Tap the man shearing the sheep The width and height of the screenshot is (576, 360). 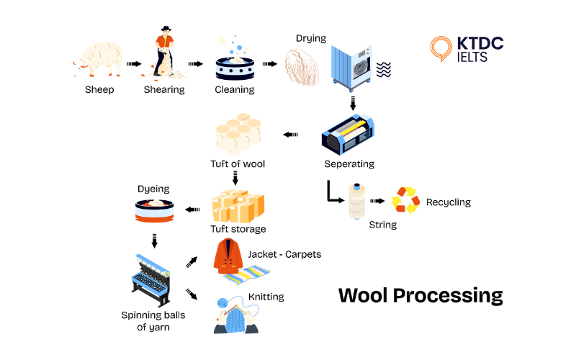[x=165, y=52]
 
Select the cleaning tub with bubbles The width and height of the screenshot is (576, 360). [x=235, y=67]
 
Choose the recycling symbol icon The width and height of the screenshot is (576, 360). [x=405, y=201]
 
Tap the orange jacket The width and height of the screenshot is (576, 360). [x=230, y=257]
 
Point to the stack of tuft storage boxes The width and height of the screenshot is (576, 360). [x=238, y=206]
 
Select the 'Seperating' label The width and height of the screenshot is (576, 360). [x=349, y=164]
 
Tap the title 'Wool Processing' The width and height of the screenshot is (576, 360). [x=420, y=295]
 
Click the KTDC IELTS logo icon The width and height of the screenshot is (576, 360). [x=440, y=49]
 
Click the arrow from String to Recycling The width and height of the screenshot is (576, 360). [x=377, y=202]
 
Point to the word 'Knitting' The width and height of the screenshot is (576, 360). [x=266, y=297]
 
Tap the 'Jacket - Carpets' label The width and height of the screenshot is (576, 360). [x=284, y=254]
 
